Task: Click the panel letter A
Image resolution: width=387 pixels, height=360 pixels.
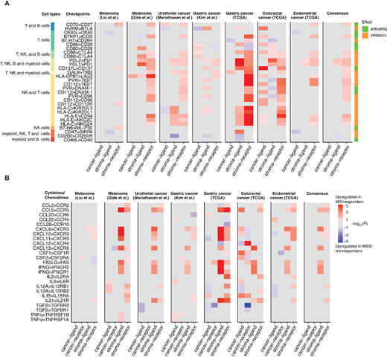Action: pos(4,4)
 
